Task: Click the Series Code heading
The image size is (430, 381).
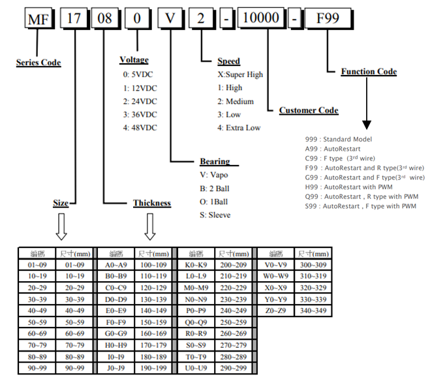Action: [x=38, y=63]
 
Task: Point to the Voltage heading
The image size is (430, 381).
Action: [x=134, y=60]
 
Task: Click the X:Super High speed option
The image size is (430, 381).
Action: [x=240, y=74]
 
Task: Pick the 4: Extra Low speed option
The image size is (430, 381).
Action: [x=239, y=127]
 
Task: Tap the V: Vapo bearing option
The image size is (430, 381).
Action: [x=217, y=174]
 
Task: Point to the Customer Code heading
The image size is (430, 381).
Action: [x=309, y=110]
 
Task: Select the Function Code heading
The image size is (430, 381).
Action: [x=369, y=72]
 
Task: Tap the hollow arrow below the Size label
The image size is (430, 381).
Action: [x=62, y=227]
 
